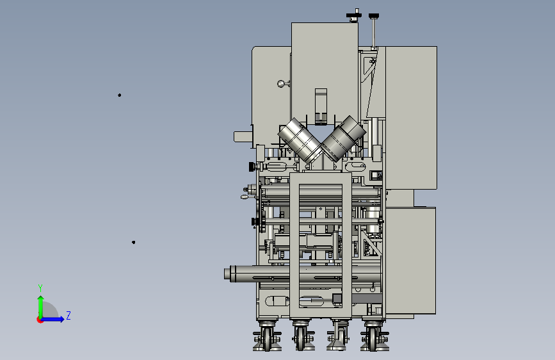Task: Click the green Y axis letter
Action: click(x=40, y=288)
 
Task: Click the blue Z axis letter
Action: click(x=68, y=315)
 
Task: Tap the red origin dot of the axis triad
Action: click(x=40, y=320)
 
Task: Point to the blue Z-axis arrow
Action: click(x=52, y=319)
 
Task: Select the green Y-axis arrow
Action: click(x=41, y=307)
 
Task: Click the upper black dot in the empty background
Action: click(x=120, y=95)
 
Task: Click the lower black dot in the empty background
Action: click(x=133, y=242)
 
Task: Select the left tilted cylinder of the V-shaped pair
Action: click(x=300, y=140)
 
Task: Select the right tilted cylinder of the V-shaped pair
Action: click(x=344, y=138)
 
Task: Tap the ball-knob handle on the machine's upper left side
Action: click(x=282, y=84)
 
